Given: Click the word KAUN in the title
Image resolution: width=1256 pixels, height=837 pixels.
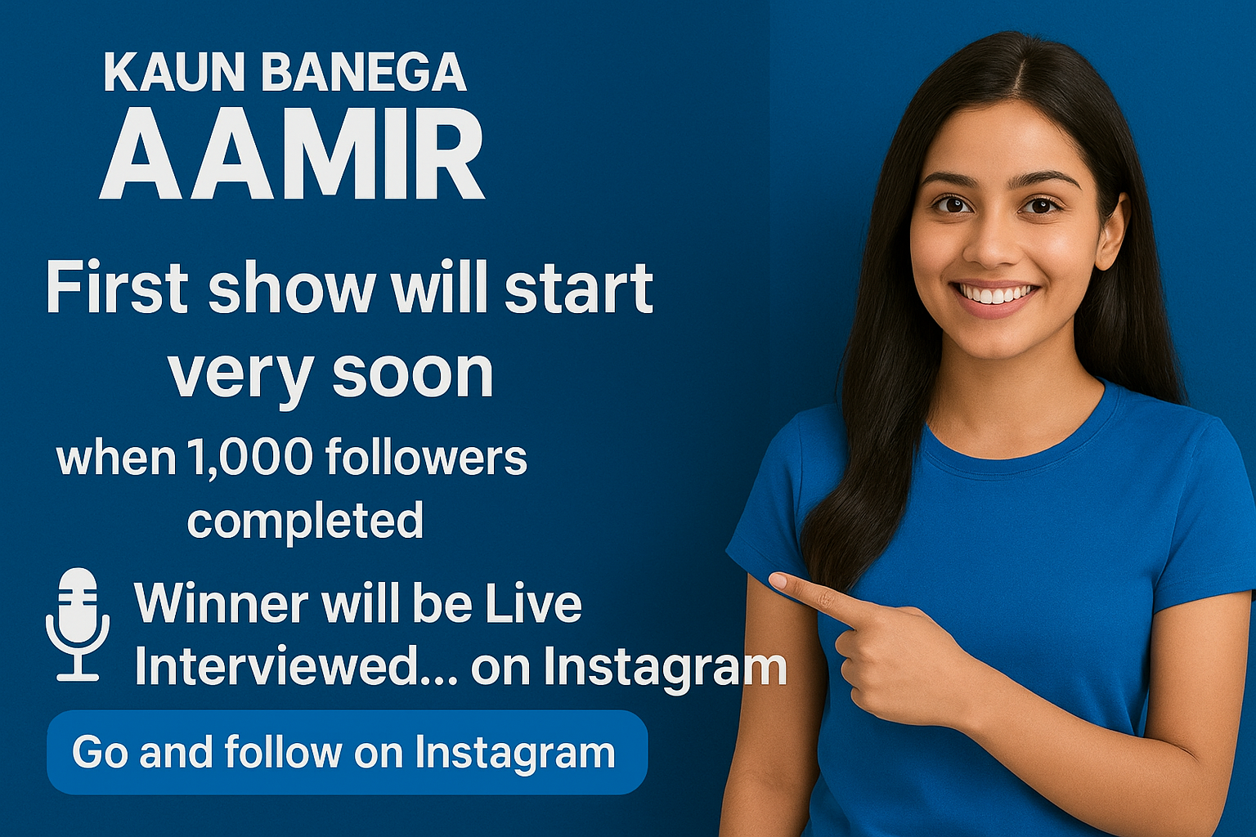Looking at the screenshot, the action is [x=174, y=72].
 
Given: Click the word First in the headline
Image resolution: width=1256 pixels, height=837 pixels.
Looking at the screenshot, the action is [x=117, y=287].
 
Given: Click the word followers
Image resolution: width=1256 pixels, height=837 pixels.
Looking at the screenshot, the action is [x=426, y=456].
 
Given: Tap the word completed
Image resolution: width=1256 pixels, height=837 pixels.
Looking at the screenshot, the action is [x=305, y=520].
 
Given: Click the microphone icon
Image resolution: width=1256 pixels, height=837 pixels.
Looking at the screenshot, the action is [x=78, y=624].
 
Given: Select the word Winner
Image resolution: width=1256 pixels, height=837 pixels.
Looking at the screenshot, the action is [x=221, y=603].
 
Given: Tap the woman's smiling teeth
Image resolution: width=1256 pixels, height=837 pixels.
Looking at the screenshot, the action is [x=996, y=293].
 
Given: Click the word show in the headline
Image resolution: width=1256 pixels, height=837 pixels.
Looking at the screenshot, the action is [x=292, y=287].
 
